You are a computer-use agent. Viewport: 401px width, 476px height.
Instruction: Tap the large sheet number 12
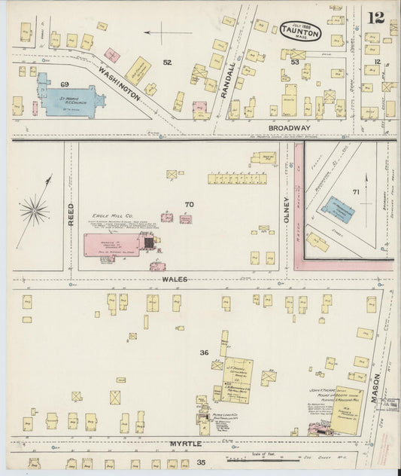click(376, 18)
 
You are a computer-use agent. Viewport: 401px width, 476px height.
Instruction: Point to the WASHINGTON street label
click(118, 83)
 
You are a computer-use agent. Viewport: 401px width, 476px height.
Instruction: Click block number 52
click(167, 62)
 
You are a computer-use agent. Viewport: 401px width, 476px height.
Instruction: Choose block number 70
click(188, 204)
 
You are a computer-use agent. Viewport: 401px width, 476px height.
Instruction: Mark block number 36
click(203, 352)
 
